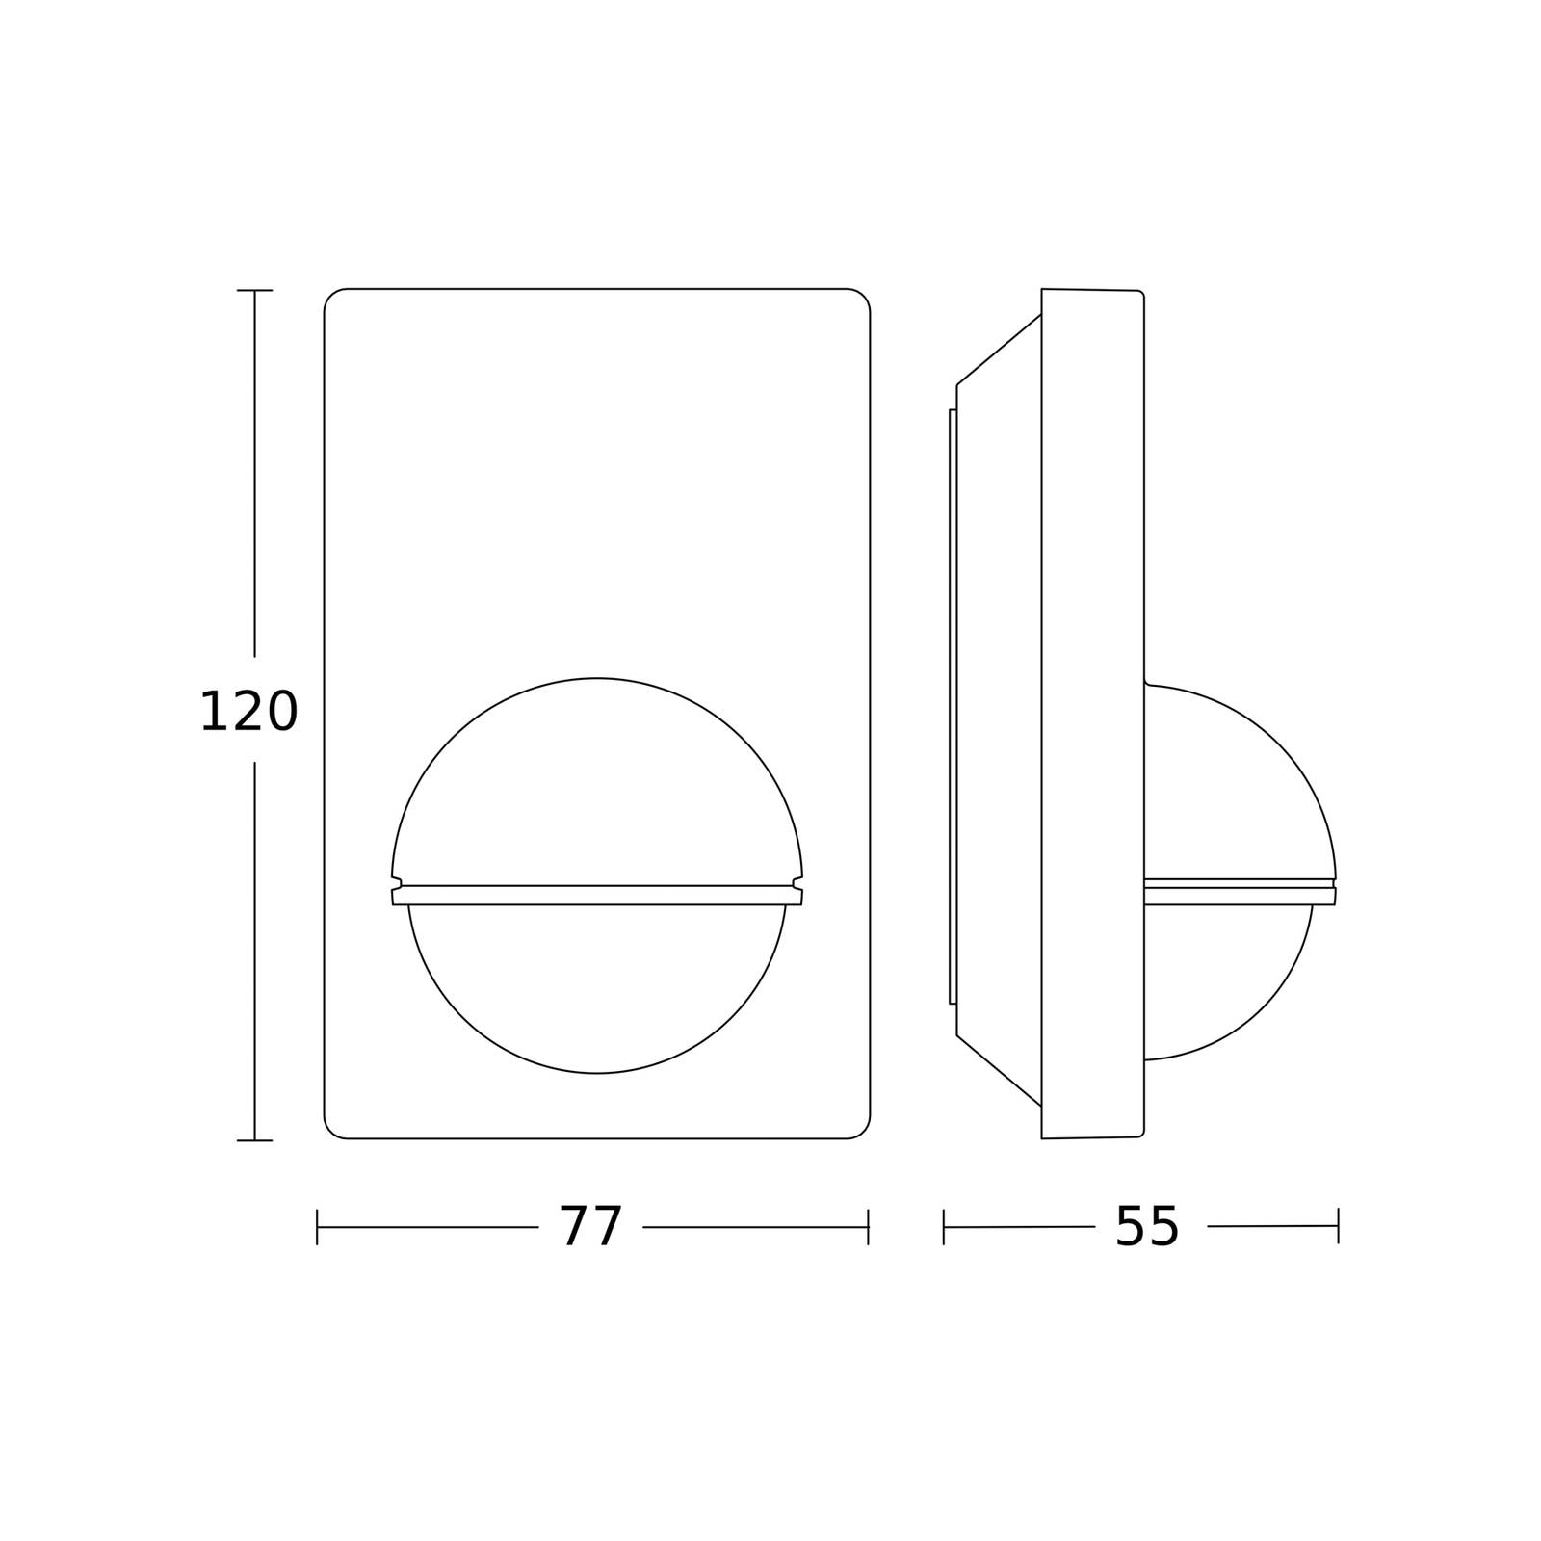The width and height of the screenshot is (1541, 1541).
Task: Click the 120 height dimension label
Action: point(248,713)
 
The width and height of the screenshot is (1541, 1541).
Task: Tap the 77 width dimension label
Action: point(591,1227)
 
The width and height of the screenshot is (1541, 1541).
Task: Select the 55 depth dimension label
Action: point(1147,1227)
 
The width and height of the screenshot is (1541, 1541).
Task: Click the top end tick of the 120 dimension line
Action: point(254,290)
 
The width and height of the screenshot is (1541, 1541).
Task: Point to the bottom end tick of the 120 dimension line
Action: point(254,1140)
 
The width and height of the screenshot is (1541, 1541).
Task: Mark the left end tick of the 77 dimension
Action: point(317,1227)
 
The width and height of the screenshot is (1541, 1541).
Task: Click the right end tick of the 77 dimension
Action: point(869,1227)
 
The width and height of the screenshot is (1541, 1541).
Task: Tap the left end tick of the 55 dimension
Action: point(944,1227)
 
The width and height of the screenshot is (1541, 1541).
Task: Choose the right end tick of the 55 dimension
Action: point(1338,1226)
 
